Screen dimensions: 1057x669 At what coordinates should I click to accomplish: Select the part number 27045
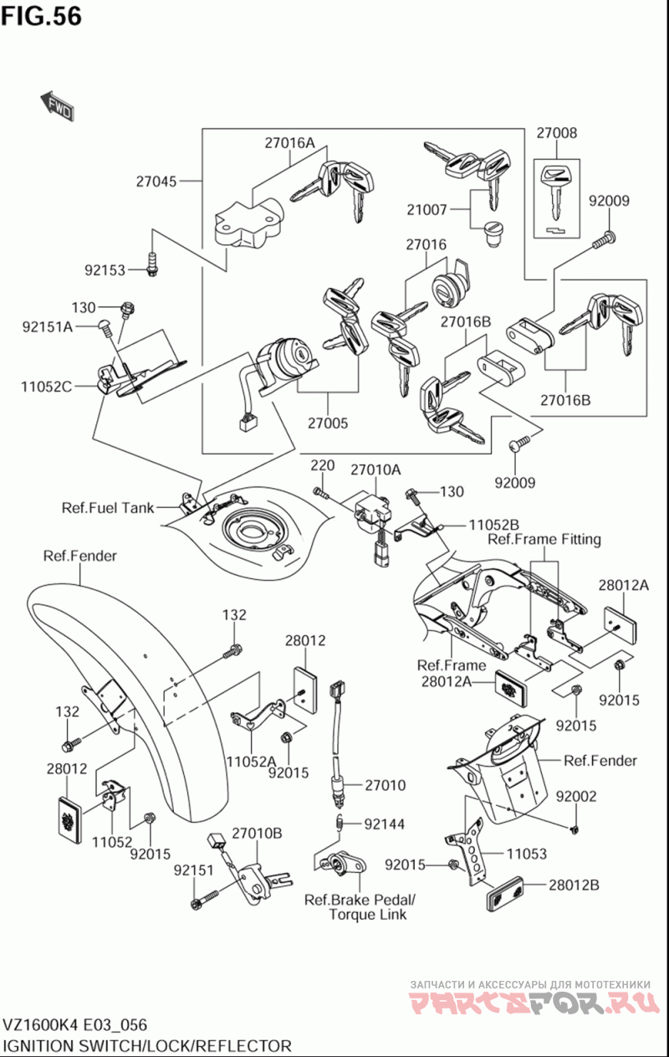(x=156, y=180)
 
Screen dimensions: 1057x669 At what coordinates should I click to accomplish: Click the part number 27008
(x=556, y=132)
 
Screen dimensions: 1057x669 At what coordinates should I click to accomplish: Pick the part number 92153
(x=105, y=269)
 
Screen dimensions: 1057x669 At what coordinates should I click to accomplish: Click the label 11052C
(x=48, y=386)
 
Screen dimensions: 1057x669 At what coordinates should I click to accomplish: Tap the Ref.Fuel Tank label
(x=108, y=507)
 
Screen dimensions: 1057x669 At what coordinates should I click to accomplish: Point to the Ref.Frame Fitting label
(x=544, y=539)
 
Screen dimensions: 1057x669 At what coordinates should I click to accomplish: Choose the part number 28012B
(x=574, y=885)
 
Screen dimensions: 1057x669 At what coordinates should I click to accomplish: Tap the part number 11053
(x=527, y=854)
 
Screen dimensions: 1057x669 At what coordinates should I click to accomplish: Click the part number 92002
(x=576, y=797)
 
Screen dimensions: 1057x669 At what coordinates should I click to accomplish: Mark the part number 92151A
(x=48, y=326)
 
